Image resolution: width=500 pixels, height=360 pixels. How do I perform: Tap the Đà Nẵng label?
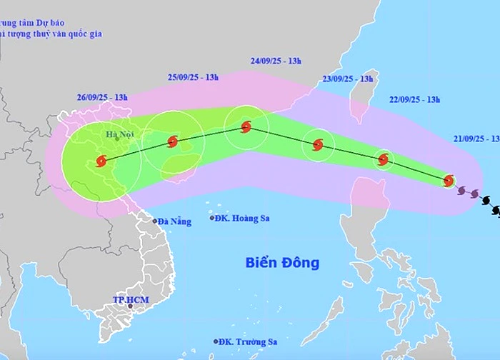pyautogui.click(x=174, y=222)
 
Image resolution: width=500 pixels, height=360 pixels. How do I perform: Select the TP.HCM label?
pyautogui.click(x=131, y=299)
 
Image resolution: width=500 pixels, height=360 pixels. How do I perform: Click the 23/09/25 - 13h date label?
pyautogui.click(x=348, y=79)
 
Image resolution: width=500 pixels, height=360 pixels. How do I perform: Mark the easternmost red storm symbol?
pyautogui.click(x=449, y=181)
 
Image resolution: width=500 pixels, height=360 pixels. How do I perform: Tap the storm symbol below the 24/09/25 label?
pyautogui.click(x=246, y=128)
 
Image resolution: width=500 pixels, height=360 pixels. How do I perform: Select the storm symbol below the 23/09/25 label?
pyautogui.click(x=318, y=146)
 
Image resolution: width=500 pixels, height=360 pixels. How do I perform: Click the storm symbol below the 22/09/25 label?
pyautogui.click(x=384, y=160)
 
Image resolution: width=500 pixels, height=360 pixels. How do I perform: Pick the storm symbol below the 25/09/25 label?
pyautogui.click(x=172, y=141)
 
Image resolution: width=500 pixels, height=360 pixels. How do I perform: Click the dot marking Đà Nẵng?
pyautogui.click(x=155, y=221)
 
